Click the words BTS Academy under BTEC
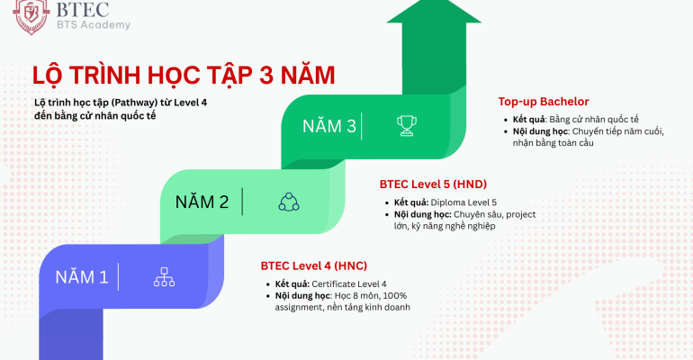92,24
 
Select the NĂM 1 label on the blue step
82,277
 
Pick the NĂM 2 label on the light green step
202,202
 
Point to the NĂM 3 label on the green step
329,126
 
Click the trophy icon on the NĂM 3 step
408,126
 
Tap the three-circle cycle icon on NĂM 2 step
288,202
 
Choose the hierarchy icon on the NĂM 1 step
164,277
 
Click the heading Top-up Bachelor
544,102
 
